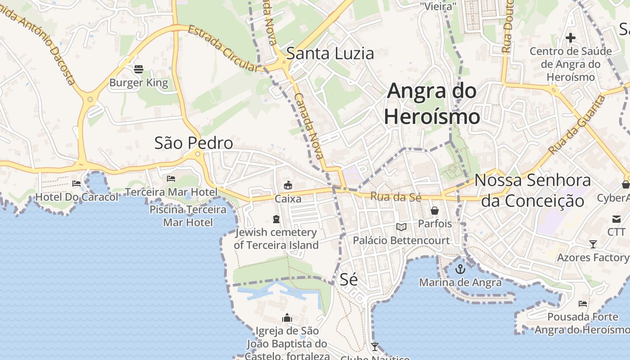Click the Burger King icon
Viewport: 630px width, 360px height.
pos(139,69)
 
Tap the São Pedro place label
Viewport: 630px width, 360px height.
pos(193,143)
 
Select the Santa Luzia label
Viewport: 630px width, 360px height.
pos(330,54)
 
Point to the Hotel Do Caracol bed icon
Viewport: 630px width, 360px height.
pos(76,184)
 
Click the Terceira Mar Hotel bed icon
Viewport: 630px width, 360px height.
pos(171,179)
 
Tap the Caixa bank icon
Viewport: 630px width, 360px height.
pos(288,185)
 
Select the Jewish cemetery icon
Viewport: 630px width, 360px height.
pos(276,219)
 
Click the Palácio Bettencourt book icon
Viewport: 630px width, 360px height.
pos(401,227)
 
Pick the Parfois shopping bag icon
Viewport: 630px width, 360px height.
pos(435,210)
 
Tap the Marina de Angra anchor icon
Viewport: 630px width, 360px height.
pos(460,269)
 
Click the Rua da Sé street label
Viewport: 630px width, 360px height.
pos(389,196)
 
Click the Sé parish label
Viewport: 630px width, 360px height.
pos(349,279)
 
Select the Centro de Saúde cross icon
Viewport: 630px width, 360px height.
pos(570,38)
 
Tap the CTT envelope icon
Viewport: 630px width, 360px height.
pos(616,219)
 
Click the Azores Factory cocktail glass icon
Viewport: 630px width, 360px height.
pos(593,244)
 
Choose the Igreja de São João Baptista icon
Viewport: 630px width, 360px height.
pos(287,318)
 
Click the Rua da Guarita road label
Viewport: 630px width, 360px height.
pos(577,124)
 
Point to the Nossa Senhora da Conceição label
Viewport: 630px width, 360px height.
pos(533,190)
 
